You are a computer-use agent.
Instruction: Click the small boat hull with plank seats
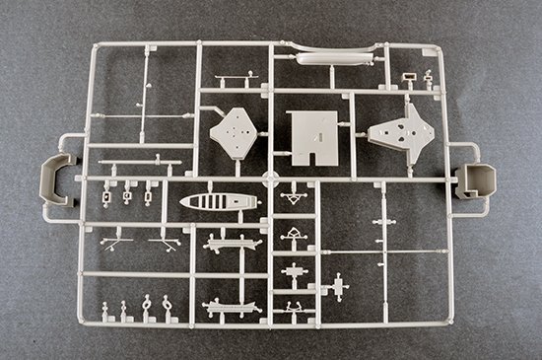point(219,202)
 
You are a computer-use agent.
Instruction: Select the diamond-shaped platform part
point(237,131)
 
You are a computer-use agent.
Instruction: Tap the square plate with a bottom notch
point(312,136)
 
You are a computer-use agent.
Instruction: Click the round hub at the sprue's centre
point(272,181)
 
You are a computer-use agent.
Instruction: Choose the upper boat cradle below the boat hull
point(233,242)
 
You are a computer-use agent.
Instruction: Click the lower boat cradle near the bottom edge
point(233,309)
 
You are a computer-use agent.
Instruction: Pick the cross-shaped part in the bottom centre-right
point(339,286)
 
